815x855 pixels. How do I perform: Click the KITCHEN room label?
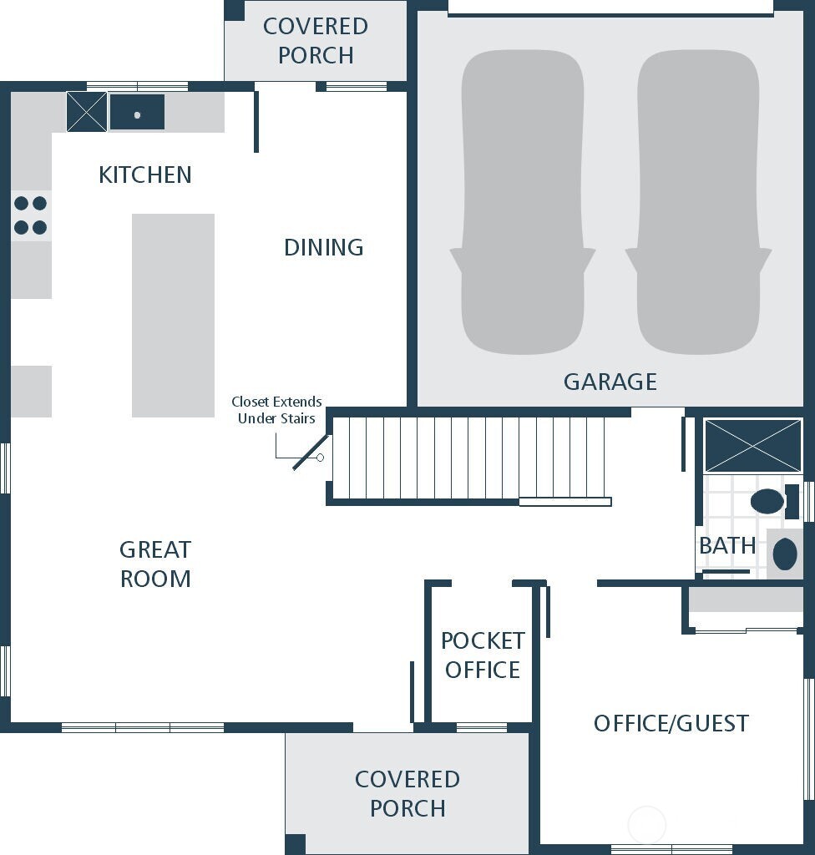(145, 175)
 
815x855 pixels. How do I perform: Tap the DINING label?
(324, 247)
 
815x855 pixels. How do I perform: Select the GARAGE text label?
(610, 382)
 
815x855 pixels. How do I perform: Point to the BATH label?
(727, 545)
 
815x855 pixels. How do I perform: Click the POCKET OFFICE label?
(483, 655)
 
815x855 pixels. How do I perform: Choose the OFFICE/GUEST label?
(671, 723)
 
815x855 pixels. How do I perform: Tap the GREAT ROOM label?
(155, 564)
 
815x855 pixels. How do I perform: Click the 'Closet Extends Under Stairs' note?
(276, 410)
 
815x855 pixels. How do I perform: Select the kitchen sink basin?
(137, 113)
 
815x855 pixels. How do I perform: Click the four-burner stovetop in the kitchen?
(30, 215)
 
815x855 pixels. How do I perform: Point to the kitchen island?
(173, 315)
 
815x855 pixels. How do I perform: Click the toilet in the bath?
(767, 501)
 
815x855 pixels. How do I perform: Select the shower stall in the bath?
(752, 446)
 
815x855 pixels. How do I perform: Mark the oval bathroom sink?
(785, 554)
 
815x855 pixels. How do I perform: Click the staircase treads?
(468, 458)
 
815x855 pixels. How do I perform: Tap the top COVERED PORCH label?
(316, 40)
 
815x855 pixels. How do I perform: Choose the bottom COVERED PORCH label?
(407, 793)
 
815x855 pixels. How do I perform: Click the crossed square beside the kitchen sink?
(87, 112)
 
